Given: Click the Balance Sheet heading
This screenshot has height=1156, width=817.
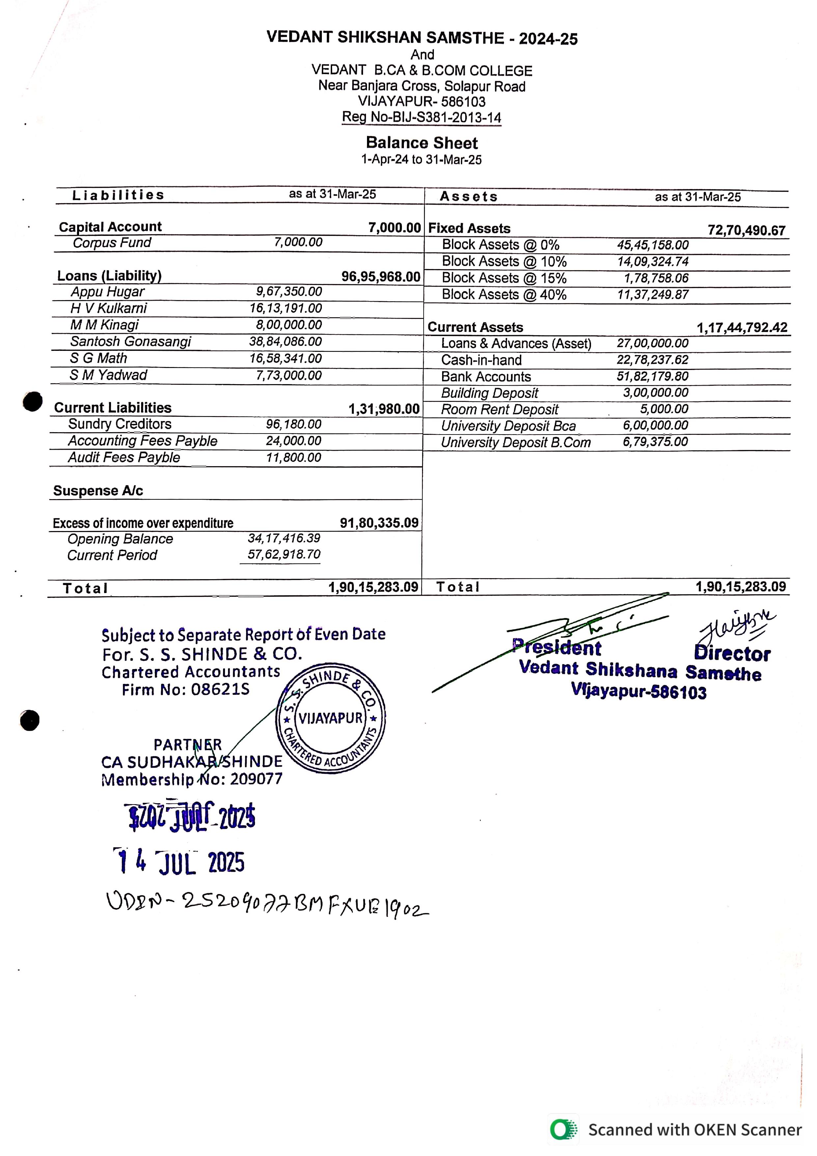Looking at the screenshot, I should (x=421, y=143).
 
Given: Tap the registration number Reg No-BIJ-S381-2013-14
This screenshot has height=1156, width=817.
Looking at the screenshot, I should (x=421, y=117).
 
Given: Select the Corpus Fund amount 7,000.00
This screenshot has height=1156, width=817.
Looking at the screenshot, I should (x=298, y=242).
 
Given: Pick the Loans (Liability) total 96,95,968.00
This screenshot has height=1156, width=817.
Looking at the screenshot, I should (x=380, y=276).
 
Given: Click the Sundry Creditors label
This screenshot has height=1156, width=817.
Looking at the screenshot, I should (x=120, y=424).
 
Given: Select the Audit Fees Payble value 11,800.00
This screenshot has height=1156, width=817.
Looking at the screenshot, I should (x=294, y=457).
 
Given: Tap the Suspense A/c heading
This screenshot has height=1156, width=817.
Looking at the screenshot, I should (x=98, y=491).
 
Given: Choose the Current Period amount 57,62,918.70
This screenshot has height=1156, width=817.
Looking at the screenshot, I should (x=284, y=554).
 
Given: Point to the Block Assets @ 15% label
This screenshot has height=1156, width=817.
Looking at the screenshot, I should (x=504, y=278).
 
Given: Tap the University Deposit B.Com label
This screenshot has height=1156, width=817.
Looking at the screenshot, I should (x=516, y=442).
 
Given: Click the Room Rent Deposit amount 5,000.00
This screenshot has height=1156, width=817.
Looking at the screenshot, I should (x=664, y=409).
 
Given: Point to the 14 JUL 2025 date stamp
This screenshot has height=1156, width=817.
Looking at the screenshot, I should (x=180, y=862).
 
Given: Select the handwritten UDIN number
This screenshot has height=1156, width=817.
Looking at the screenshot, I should (x=267, y=904).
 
